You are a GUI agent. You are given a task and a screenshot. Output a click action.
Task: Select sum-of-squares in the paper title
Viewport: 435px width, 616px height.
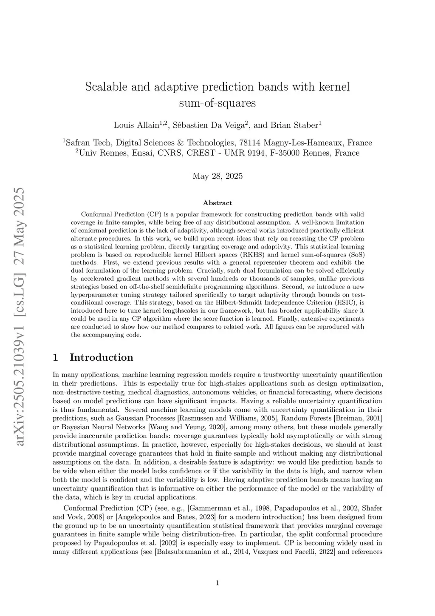coord(217,103)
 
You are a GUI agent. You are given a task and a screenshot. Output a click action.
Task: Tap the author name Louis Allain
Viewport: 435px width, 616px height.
coord(136,125)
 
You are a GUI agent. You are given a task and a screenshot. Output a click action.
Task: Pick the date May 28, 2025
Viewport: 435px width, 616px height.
coord(217,176)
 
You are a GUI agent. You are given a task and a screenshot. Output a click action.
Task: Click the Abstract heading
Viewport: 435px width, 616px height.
coord(217,203)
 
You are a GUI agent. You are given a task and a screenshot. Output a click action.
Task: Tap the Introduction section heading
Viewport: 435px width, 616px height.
coord(101,357)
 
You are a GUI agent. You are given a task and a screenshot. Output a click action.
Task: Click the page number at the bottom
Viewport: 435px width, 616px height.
coord(217,583)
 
